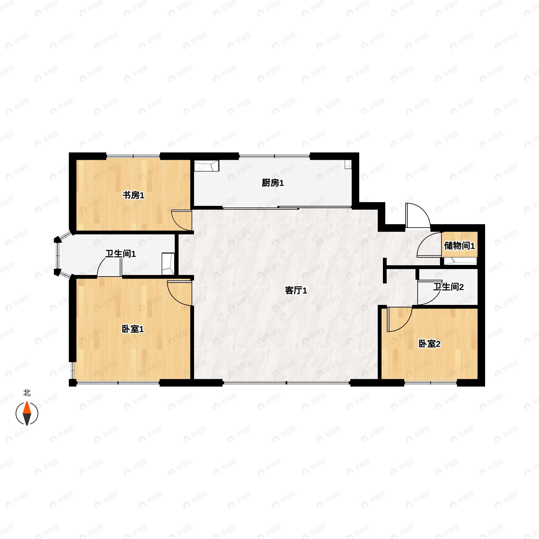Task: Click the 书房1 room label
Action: [x=133, y=195]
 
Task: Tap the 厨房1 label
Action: [x=273, y=183]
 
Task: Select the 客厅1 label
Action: [x=296, y=291]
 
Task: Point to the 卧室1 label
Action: [x=133, y=329]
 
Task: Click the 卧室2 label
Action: [x=429, y=344]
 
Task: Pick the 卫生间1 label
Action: [x=121, y=254]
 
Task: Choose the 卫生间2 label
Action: [x=448, y=287]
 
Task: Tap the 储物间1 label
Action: [x=459, y=246]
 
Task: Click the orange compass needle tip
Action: [x=27, y=402]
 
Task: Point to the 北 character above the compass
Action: [x=27, y=393]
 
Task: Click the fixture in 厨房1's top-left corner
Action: [x=206, y=166]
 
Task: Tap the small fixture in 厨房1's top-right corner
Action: [x=348, y=165]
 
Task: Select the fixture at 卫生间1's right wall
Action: [x=168, y=264]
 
